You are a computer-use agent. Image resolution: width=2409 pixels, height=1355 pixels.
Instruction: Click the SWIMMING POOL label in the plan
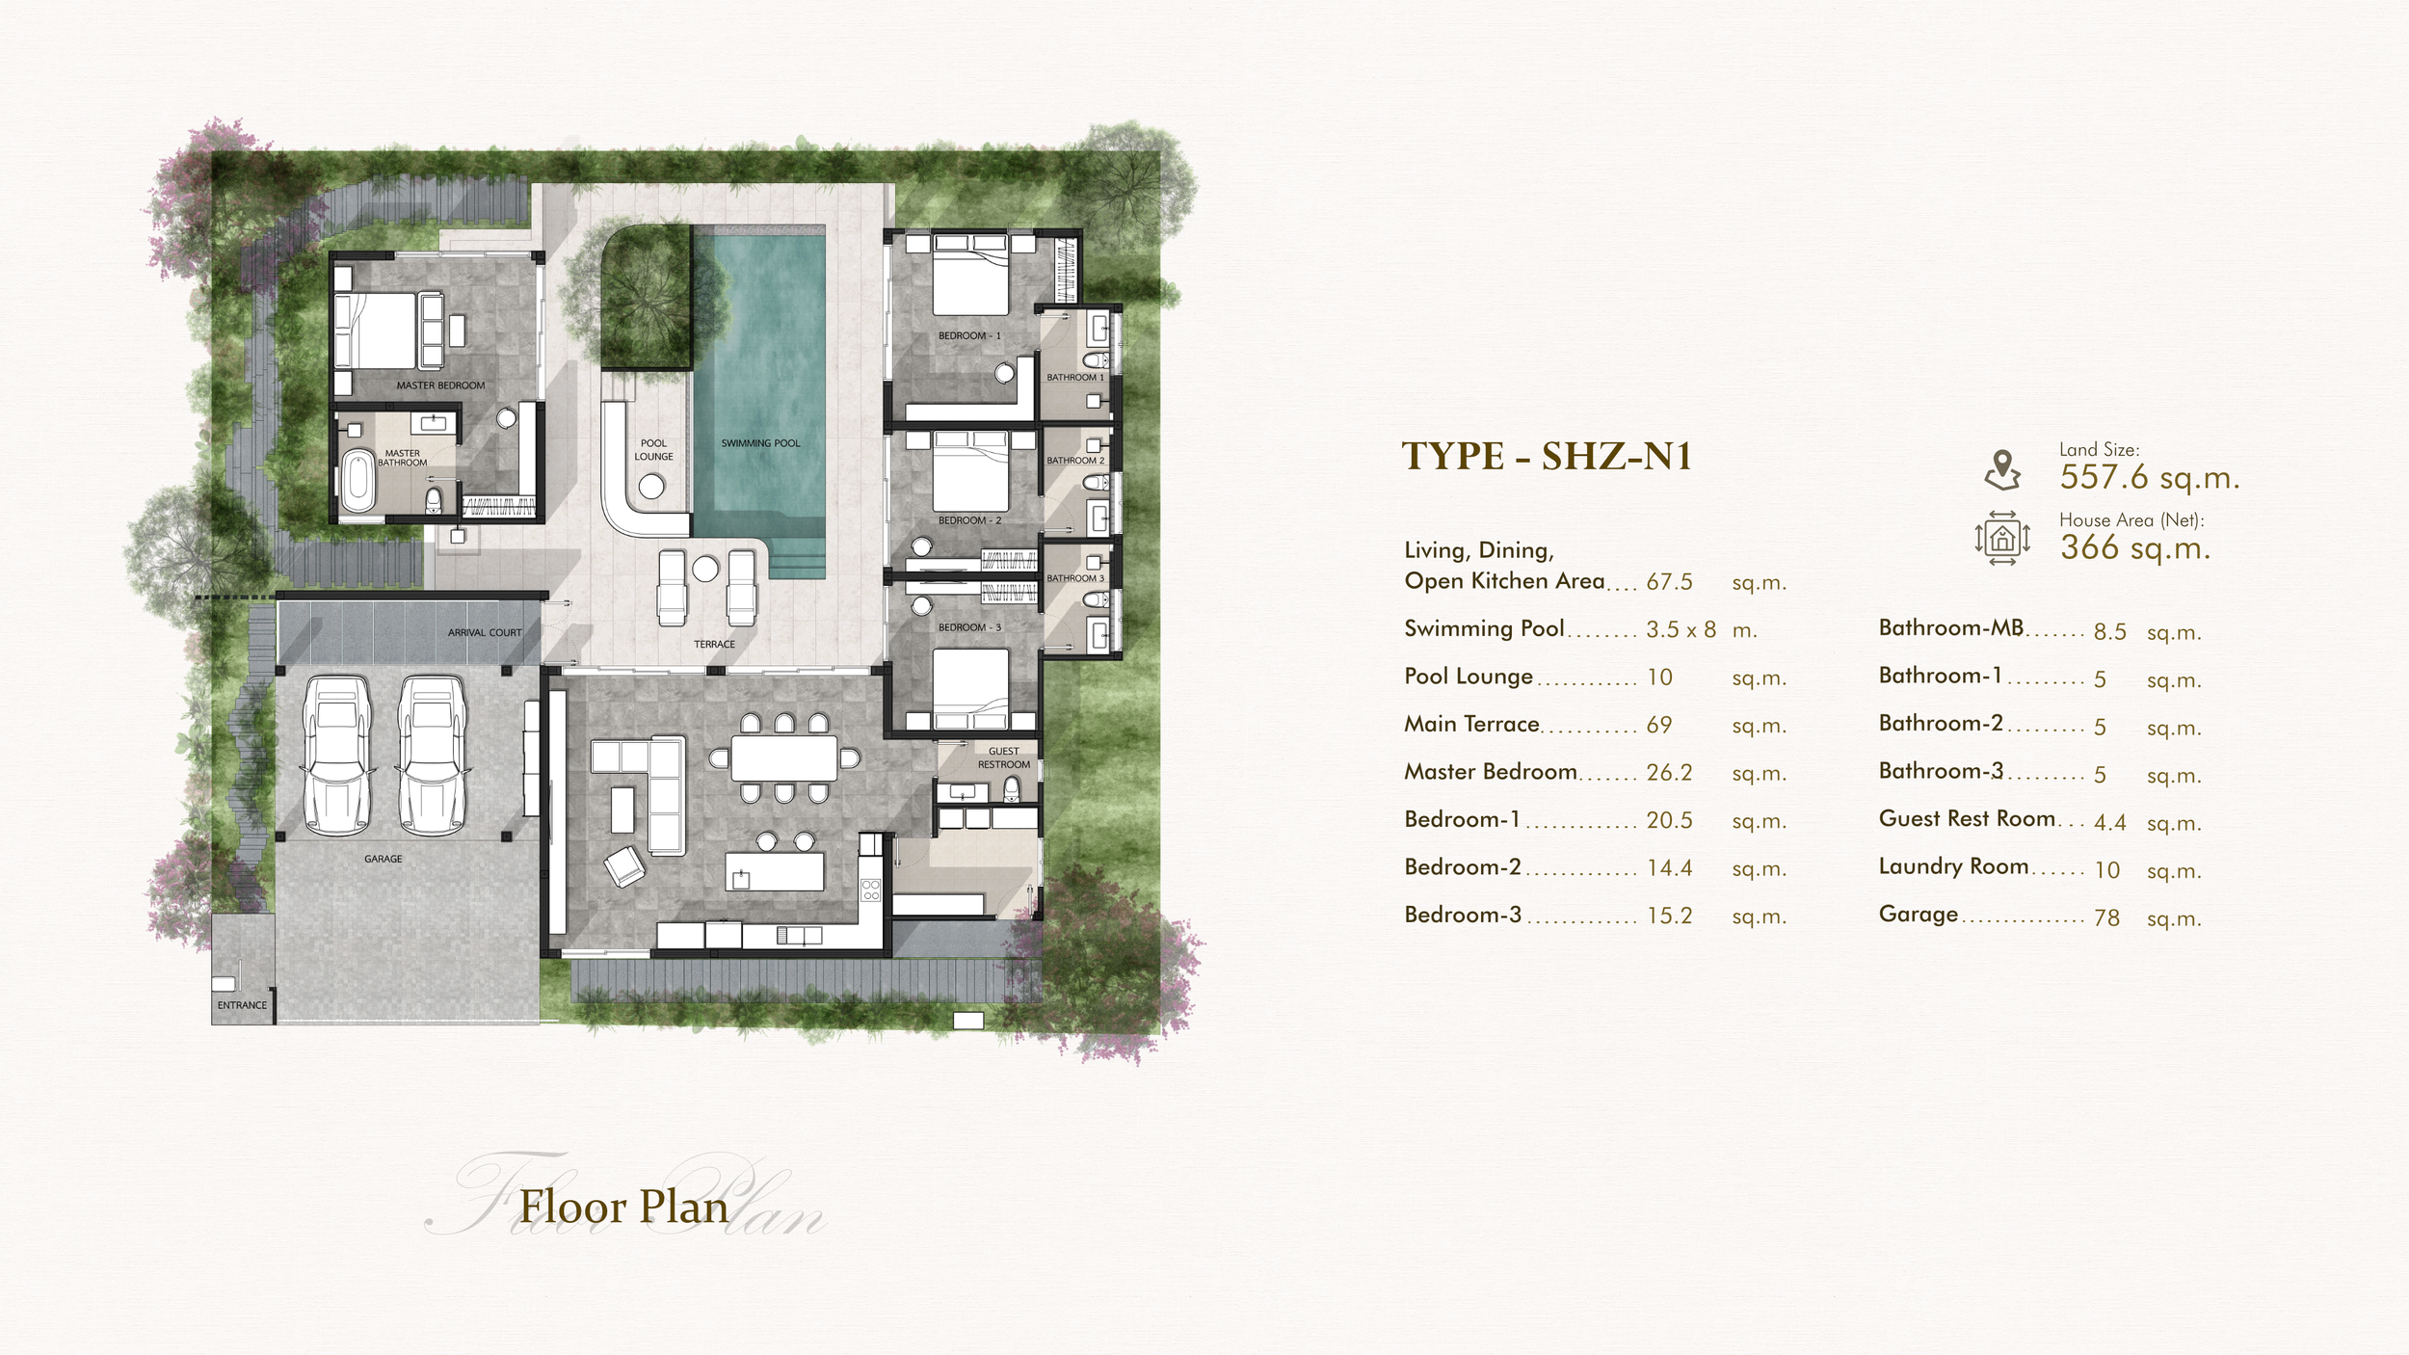point(760,443)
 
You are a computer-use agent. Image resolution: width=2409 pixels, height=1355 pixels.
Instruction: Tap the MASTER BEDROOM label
point(440,385)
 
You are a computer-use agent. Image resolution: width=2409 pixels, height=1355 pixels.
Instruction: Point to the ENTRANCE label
point(242,1005)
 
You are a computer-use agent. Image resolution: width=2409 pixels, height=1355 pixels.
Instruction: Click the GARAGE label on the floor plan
point(384,859)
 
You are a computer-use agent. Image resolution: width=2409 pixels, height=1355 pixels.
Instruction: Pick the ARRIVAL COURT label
point(485,633)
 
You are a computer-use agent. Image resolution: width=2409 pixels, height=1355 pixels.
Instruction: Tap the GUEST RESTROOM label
point(1004,757)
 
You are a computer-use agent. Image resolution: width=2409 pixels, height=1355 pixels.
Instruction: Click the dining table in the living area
point(784,758)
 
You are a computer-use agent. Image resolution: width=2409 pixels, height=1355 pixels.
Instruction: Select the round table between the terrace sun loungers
point(705,569)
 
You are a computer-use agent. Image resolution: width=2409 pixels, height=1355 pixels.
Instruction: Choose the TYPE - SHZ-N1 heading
point(1547,457)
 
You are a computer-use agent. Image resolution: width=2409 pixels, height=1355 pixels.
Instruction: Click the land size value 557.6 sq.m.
point(2150,478)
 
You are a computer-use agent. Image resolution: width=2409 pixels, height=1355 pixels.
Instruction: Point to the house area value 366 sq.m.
point(2135,547)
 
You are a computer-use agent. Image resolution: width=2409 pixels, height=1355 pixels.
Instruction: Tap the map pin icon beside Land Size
point(2002,470)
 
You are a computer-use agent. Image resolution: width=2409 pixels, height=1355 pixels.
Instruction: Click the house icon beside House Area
point(2002,538)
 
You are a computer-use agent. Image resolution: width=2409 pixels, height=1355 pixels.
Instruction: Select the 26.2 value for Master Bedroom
point(1670,773)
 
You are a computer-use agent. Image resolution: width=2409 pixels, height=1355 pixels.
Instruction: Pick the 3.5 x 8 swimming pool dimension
point(1681,630)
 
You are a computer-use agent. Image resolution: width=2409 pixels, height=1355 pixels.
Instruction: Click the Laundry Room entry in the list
point(1954,866)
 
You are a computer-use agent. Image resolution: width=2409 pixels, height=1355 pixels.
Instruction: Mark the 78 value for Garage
point(2106,918)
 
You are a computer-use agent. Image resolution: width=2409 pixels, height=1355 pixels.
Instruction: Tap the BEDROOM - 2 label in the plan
point(970,520)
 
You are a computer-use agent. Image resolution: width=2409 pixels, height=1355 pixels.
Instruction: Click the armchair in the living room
point(623,866)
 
